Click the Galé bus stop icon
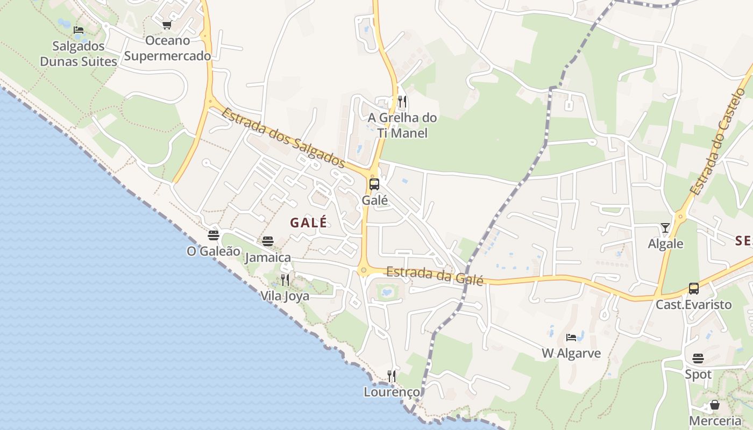[x=374, y=184]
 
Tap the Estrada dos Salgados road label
[x=283, y=137]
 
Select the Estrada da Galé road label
[x=435, y=275]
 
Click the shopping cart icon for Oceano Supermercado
[x=167, y=25]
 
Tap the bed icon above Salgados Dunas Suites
[x=79, y=30]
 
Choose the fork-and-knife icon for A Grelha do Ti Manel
[x=402, y=102]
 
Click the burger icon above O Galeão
[x=214, y=235]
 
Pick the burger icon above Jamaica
[x=268, y=241]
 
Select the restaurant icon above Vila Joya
[x=285, y=279]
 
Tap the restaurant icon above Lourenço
[x=392, y=376]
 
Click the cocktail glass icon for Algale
[x=665, y=228]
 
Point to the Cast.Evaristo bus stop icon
[x=694, y=289]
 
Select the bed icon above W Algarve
[x=571, y=338]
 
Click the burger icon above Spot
[x=698, y=358]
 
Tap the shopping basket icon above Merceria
[x=715, y=405]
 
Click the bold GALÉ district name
[x=309, y=223]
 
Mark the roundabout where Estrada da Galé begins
[x=364, y=270]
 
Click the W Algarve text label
[x=571, y=354]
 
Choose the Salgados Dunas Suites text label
[x=79, y=54]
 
